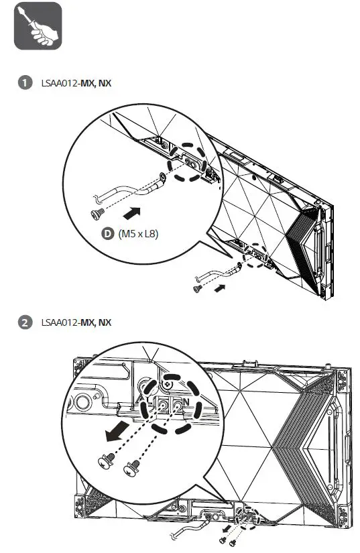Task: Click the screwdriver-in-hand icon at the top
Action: click(x=38, y=26)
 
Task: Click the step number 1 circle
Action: click(x=25, y=83)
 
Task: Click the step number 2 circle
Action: click(x=25, y=322)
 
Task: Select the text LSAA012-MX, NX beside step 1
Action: click(x=76, y=83)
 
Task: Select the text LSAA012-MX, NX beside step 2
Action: click(x=76, y=322)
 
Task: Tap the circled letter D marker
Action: click(x=107, y=235)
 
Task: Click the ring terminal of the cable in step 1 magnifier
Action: click(x=162, y=178)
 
